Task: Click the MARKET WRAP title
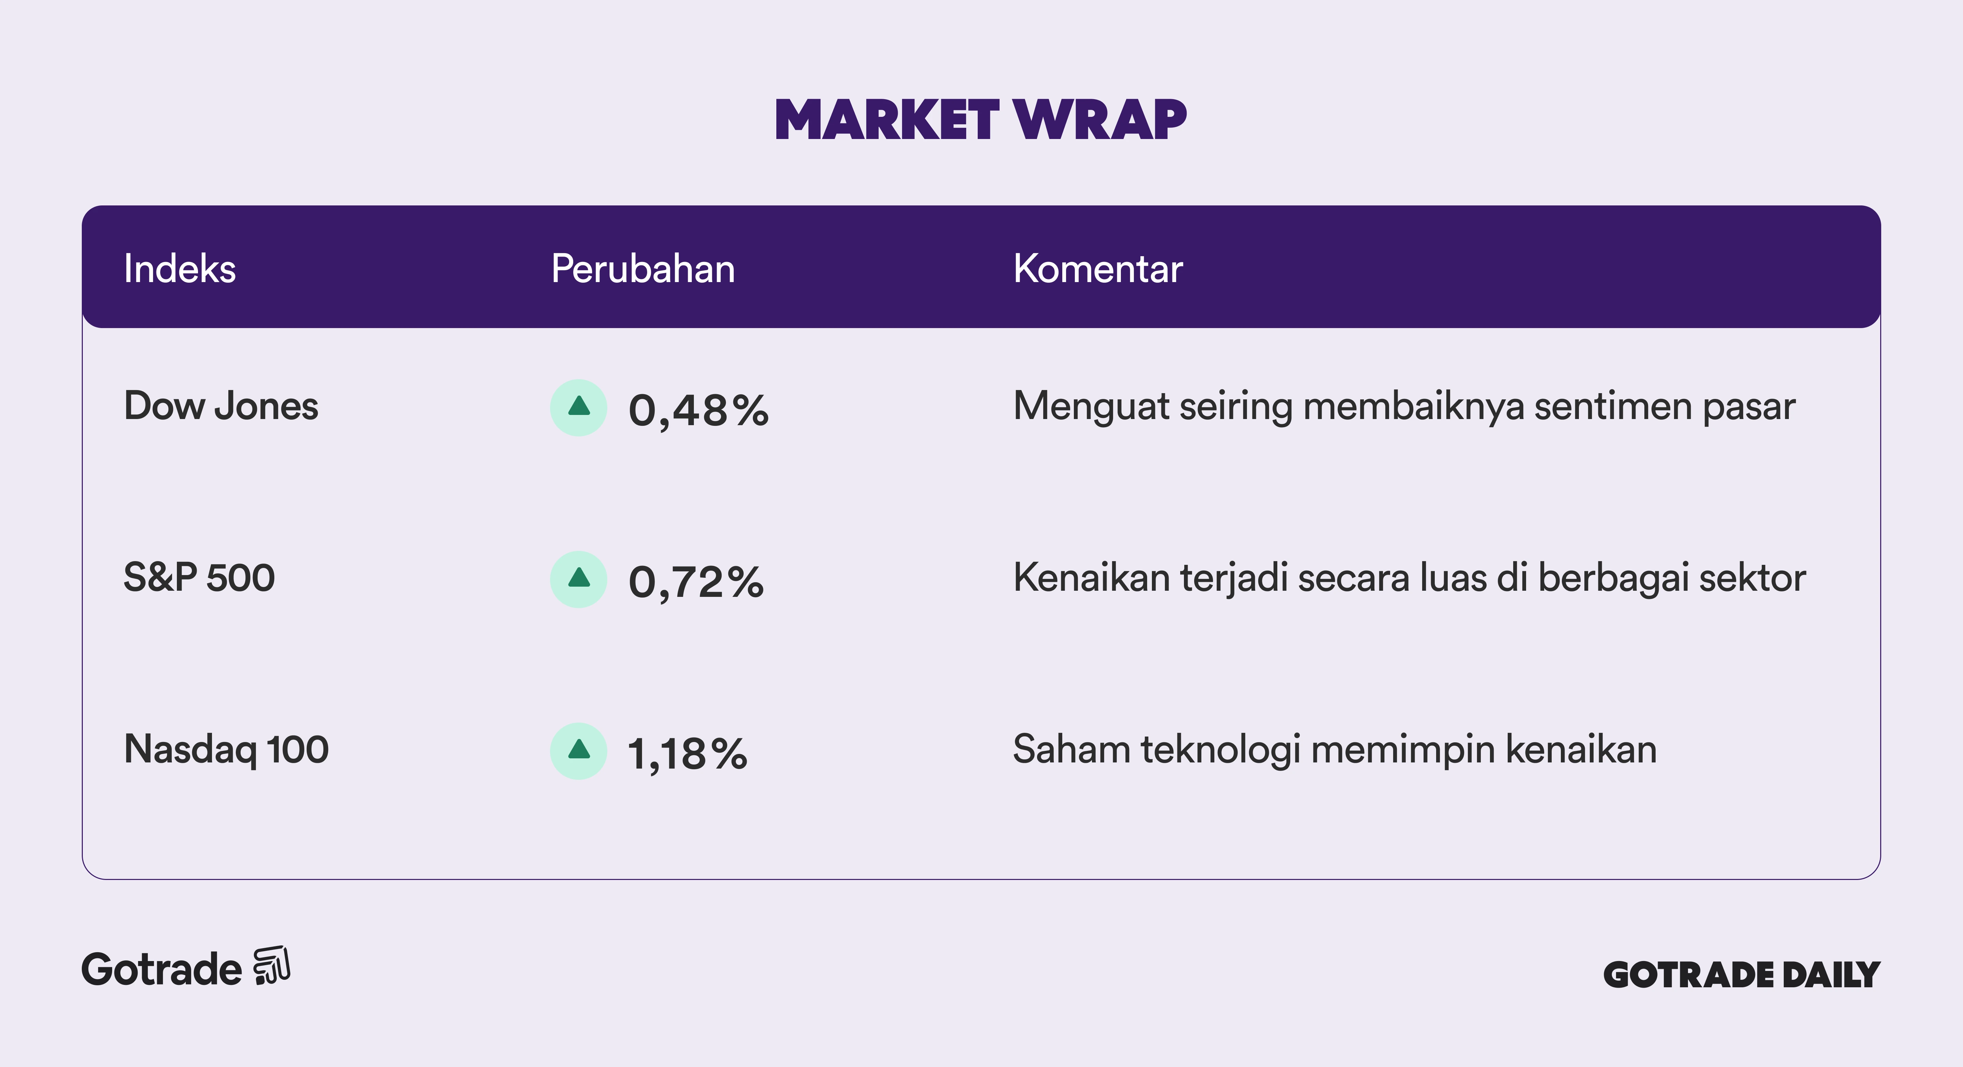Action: (x=981, y=120)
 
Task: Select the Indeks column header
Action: (x=180, y=269)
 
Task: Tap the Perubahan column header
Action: (x=643, y=269)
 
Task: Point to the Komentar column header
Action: (x=1098, y=269)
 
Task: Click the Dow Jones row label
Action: (x=221, y=406)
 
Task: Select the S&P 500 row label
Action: (x=199, y=577)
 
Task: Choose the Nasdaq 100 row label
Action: (x=226, y=749)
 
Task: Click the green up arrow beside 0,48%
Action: (x=579, y=406)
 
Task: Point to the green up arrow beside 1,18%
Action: (x=579, y=749)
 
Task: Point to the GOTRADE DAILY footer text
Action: (x=1742, y=975)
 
